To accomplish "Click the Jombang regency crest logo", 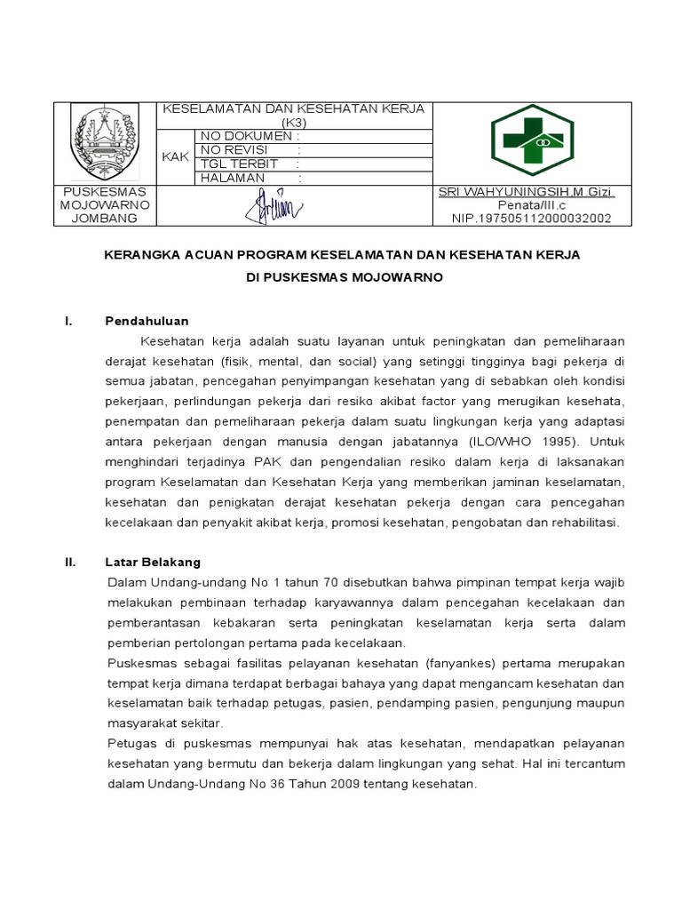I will (x=105, y=142).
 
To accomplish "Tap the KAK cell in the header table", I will (x=176, y=156).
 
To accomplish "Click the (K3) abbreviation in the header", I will (x=293, y=122).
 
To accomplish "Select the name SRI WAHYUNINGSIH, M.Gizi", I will (x=527, y=193).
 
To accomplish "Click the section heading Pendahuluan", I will (x=147, y=321).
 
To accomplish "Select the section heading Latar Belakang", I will (x=153, y=562).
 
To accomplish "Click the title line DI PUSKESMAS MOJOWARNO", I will (x=344, y=277).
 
